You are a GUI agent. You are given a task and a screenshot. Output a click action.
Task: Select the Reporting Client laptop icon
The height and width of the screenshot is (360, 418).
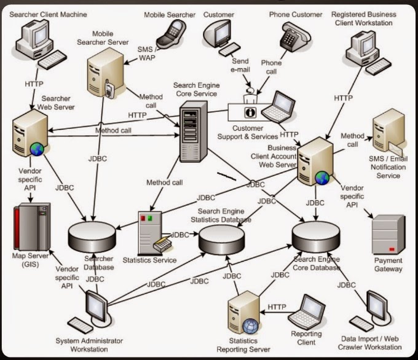tap(307, 313)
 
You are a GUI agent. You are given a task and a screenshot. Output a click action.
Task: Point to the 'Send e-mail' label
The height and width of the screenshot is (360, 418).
tap(240, 66)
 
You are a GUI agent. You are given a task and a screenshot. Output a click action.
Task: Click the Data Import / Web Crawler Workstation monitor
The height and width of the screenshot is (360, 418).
tap(376, 306)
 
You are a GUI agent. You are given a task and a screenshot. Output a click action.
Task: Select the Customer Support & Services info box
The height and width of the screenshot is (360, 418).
tap(250, 112)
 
